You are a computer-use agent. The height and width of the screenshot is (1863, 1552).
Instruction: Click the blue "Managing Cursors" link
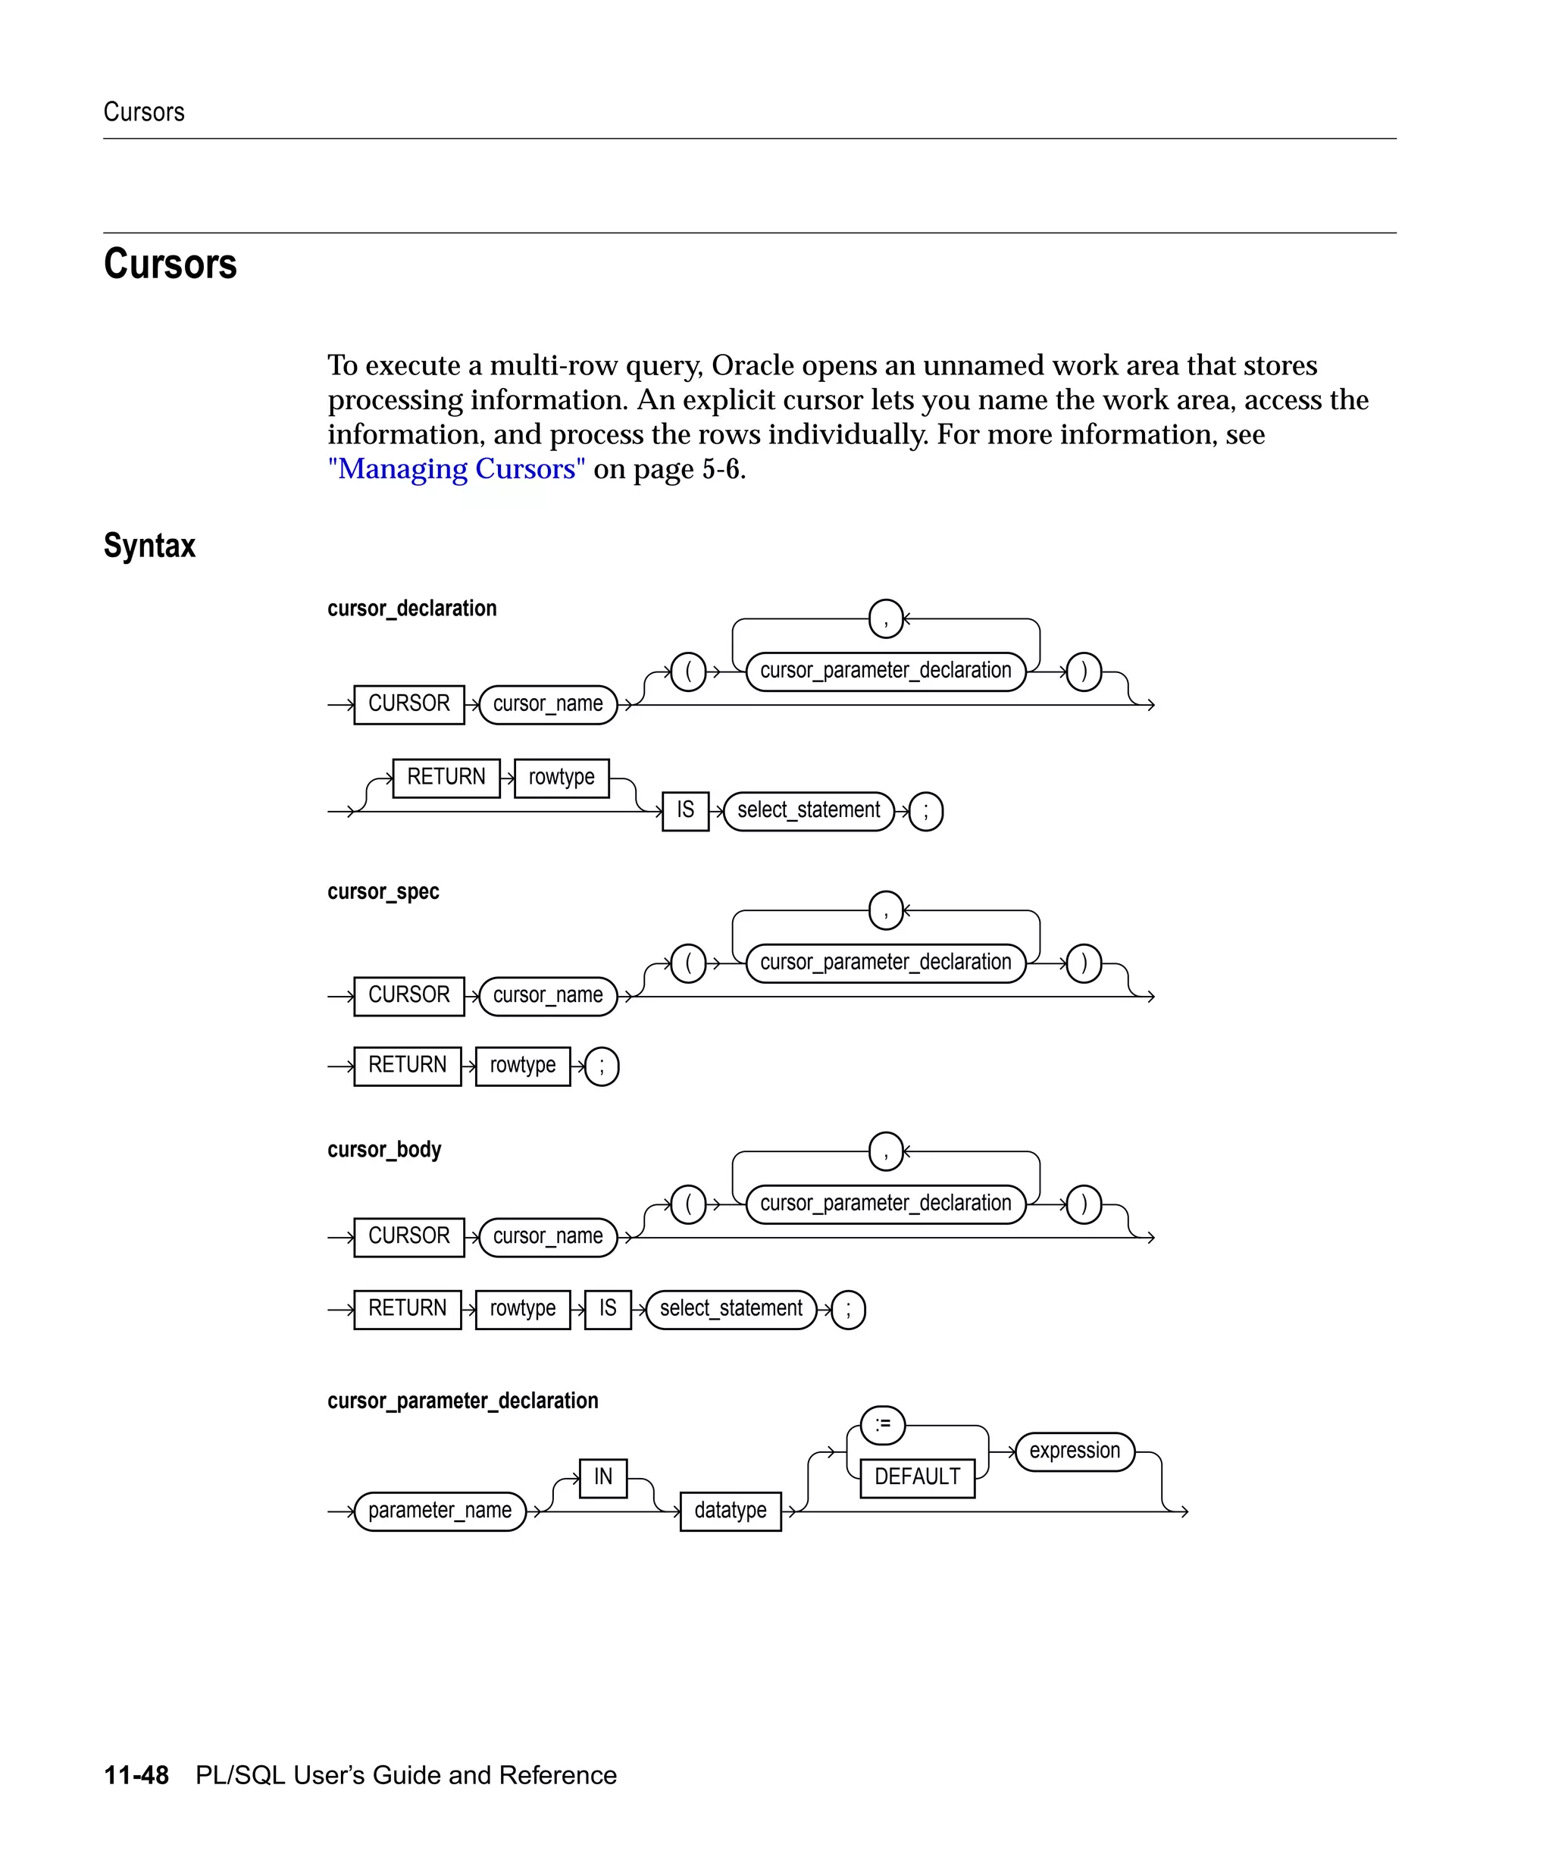click(456, 468)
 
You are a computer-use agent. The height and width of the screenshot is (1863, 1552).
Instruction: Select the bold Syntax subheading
click(149, 545)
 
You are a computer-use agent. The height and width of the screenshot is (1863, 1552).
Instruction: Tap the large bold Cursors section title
click(171, 264)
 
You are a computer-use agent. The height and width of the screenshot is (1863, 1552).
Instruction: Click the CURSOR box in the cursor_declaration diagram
click(409, 703)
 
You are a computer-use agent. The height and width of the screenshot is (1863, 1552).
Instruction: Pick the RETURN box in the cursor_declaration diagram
click(446, 777)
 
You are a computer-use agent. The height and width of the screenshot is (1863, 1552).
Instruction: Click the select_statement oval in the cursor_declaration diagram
click(808, 811)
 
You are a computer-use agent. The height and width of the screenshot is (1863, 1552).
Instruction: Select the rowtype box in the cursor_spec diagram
click(522, 1065)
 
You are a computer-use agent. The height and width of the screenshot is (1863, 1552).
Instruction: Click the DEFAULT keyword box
click(917, 1477)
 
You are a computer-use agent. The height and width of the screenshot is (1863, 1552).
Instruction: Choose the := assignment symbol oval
click(882, 1425)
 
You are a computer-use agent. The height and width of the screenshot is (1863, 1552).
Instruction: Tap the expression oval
click(1074, 1451)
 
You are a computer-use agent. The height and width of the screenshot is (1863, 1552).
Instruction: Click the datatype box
click(730, 1511)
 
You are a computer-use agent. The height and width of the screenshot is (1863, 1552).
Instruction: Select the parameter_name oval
click(440, 1511)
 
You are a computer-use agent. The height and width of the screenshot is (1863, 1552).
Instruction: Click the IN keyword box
click(603, 1477)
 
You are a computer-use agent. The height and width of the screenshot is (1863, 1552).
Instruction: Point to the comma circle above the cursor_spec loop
click(885, 910)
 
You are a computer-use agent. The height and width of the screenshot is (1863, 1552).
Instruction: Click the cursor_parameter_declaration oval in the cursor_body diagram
click(885, 1204)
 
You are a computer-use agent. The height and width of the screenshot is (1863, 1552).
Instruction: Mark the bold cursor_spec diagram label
click(383, 891)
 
